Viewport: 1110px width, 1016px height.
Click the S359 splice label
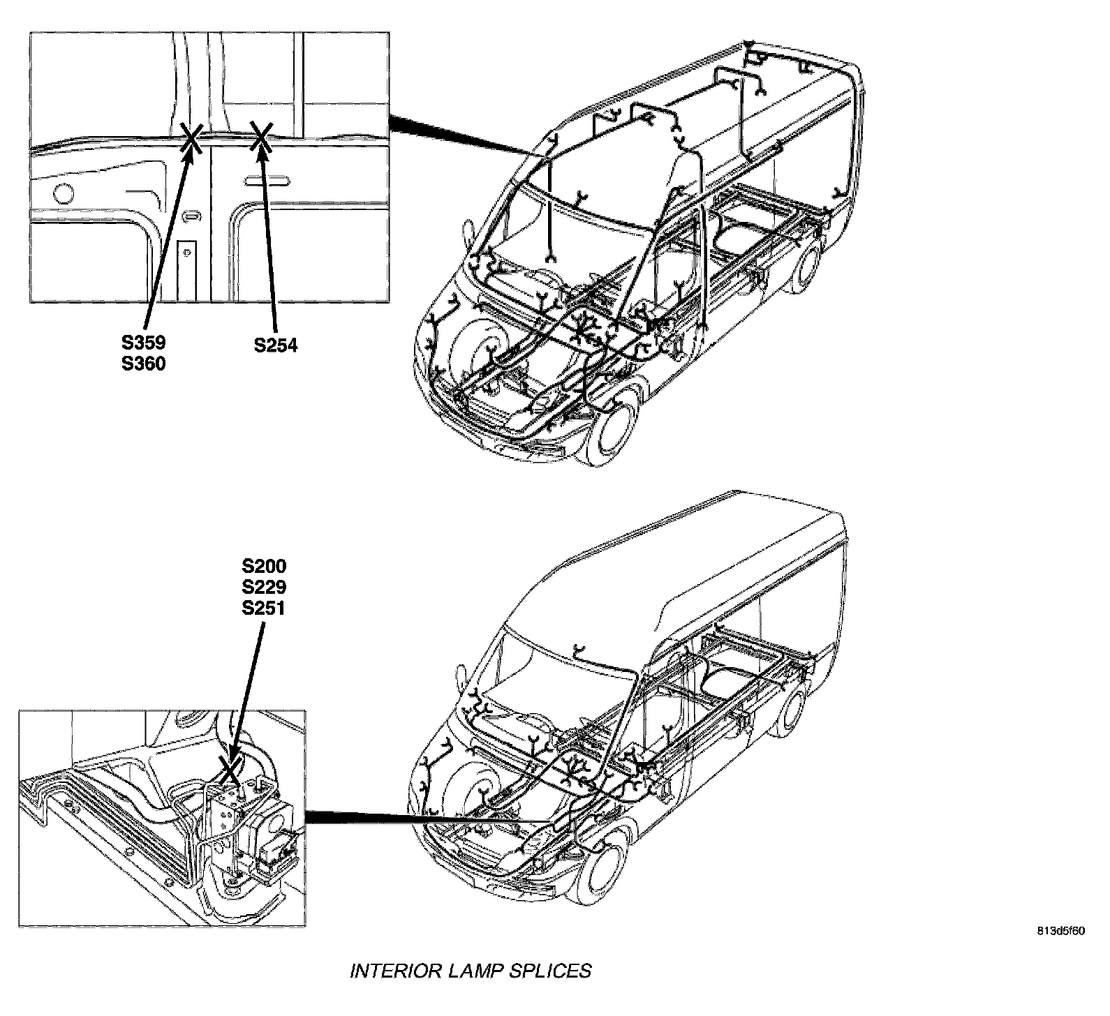tap(143, 343)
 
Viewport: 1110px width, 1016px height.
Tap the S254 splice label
tap(276, 345)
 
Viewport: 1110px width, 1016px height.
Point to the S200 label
tap(264, 566)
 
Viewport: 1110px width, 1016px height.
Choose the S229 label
tap(264, 587)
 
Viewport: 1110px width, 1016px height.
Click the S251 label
tap(264, 608)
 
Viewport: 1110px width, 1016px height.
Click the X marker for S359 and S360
tap(191, 137)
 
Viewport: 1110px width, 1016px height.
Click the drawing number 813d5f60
tap(1059, 931)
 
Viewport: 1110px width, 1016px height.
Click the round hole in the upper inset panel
tap(63, 193)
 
